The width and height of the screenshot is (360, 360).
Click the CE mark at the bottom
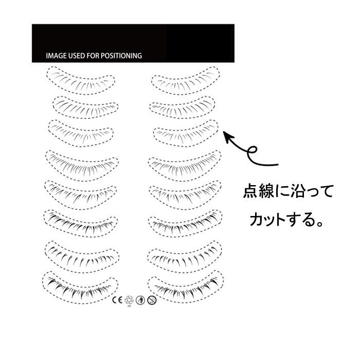117,300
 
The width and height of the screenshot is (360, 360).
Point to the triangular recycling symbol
129,300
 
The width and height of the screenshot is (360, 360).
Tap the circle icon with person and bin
140,300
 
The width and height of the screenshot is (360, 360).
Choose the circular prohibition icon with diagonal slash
152,300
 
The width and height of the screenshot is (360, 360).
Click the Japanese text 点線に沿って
288,191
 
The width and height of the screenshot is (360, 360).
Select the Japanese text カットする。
286,219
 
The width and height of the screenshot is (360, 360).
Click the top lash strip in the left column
80,80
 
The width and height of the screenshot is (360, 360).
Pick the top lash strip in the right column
186,80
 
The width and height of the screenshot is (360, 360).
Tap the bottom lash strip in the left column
80,287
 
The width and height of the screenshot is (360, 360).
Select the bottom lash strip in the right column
186,287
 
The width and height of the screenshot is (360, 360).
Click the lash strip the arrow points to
186,134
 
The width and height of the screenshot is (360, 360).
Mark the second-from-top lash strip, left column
85,107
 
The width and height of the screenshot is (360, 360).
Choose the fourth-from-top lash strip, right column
185,166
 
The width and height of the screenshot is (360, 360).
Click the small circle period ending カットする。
319,224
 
